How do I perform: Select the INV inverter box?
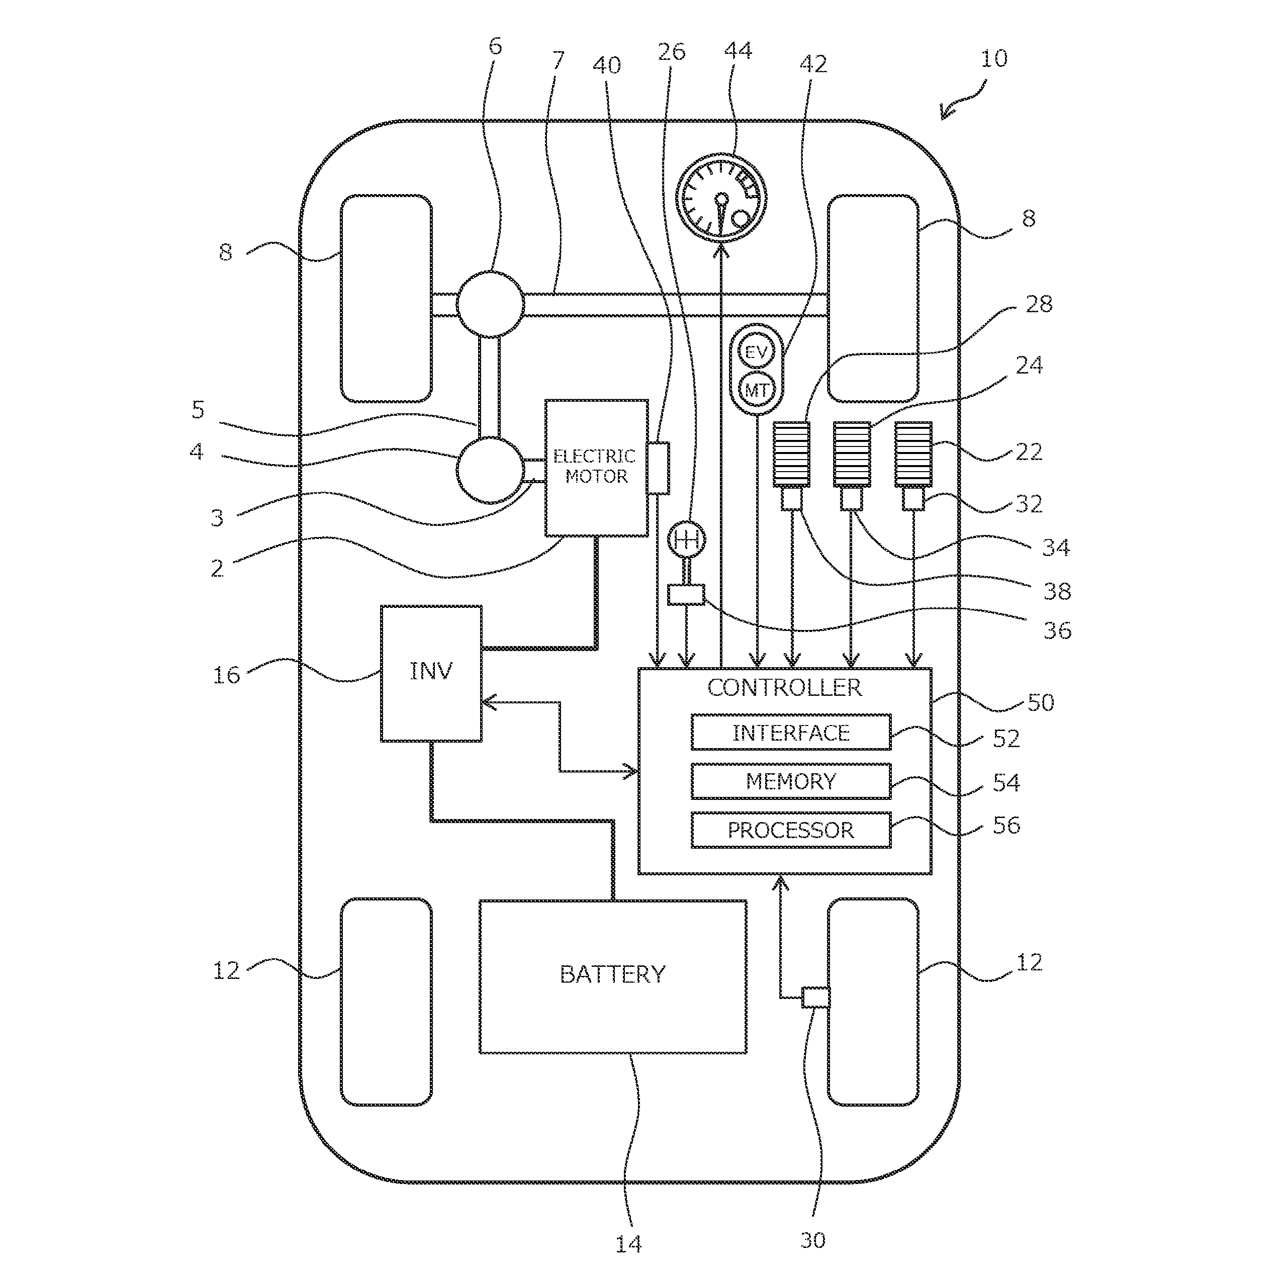[x=431, y=673]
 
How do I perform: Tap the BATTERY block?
[x=612, y=975]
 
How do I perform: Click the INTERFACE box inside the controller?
[x=790, y=733]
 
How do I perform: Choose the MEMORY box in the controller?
[x=790, y=781]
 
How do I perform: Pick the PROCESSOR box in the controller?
[x=790, y=830]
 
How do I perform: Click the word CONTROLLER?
[x=784, y=687]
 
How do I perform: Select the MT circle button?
[x=756, y=390]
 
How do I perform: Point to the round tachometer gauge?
[x=721, y=198]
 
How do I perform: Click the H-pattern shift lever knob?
[x=686, y=539]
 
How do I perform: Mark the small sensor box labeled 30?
[x=815, y=997]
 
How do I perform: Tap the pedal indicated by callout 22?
[x=913, y=455]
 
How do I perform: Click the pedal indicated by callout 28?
[x=791, y=455]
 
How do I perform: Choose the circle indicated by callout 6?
[x=490, y=304]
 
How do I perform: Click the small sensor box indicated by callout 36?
[x=685, y=594]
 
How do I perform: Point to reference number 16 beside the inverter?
[x=226, y=675]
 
